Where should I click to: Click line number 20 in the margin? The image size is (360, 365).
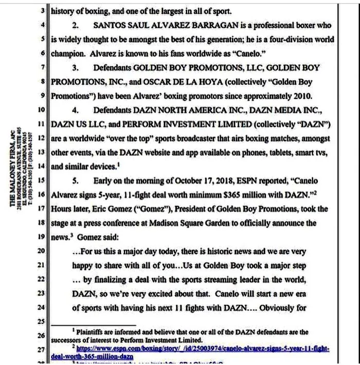(42, 251)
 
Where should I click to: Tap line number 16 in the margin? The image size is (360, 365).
(42, 195)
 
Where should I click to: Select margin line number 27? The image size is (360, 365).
(42, 350)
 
